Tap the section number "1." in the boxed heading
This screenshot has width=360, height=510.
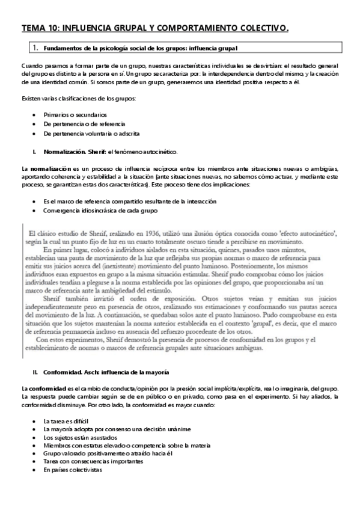(x=35, y=47)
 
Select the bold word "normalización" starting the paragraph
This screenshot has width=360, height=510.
(x=51, y=167)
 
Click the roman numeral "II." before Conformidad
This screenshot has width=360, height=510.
(x=35, y=373)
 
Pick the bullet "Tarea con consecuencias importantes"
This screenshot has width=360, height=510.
(x=93, y=461)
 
